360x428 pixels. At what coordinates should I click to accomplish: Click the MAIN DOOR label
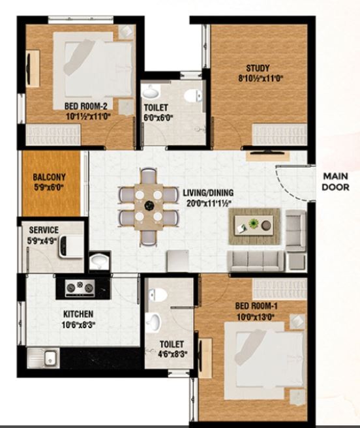(336, 181)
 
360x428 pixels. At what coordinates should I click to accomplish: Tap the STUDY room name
(258, 68)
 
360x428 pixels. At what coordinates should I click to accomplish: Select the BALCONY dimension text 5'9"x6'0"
(49, 187)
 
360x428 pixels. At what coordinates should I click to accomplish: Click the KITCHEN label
(78, 314)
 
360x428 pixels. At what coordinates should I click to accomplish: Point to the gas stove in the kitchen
(80, 288)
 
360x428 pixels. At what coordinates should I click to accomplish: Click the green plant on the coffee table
(254, 224)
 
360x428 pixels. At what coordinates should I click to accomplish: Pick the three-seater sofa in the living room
(256, 261)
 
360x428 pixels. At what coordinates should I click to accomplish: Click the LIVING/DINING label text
(208, 192)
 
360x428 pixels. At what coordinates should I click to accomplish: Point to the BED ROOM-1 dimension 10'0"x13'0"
(256, 317)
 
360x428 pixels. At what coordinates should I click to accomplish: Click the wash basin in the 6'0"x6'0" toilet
(151, 91)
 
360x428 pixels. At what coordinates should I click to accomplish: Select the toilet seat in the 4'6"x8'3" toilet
(158, 294)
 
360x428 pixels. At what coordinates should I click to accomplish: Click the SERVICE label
(44, 230)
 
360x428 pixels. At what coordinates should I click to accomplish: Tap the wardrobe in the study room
(280, 134)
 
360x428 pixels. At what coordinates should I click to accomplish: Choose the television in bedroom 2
(29, 69)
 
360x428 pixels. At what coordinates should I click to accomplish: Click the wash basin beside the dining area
(99, 262)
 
